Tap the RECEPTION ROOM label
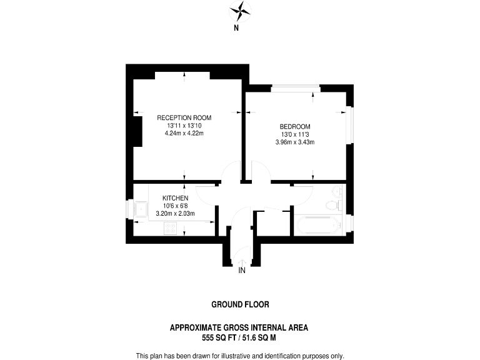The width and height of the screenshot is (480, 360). [184, 117]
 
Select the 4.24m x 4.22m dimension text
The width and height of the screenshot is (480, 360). [184, 133]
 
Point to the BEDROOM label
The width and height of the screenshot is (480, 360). [294, 126]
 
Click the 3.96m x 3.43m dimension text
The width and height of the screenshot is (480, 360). [294, 142]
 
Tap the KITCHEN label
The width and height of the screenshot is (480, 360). [175, 198]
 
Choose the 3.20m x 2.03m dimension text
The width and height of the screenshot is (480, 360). [175, 214]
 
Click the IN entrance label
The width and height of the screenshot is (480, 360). [241, 270]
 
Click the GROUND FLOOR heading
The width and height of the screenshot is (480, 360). [240, 305]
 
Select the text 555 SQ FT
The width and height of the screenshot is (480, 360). [219, 337]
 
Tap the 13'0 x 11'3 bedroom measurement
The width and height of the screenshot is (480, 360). [294, 134]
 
